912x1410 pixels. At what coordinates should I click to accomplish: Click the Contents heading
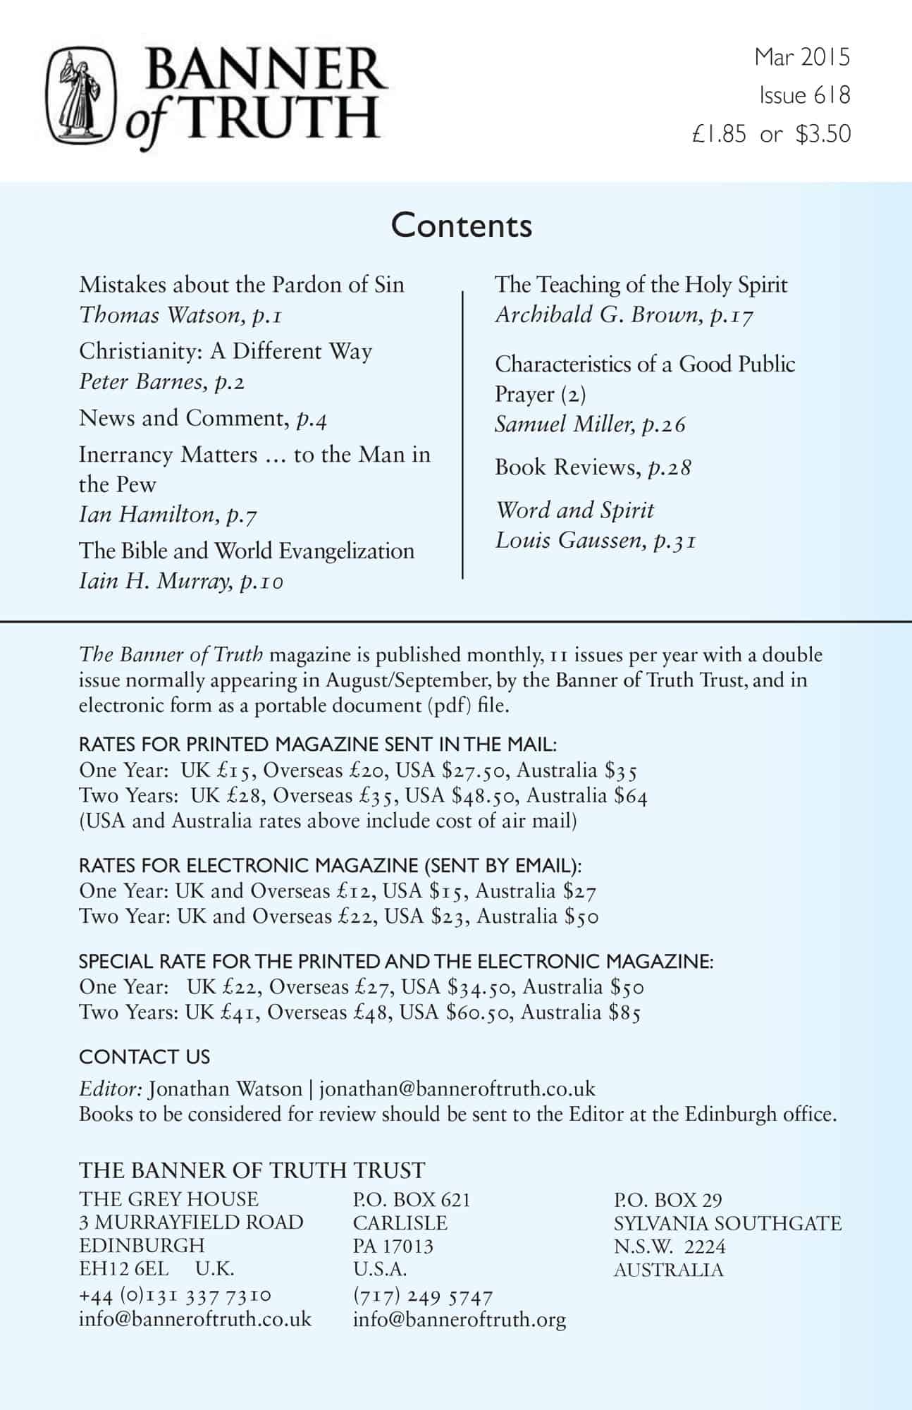point(462,226)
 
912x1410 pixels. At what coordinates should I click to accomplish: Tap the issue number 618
point(832,95)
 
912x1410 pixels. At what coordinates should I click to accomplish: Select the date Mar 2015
point(802,57)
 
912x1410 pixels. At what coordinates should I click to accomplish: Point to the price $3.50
point(823,134)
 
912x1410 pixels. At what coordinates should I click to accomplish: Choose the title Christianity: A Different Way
point(226,351)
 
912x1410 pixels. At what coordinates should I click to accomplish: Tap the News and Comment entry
point(202,418)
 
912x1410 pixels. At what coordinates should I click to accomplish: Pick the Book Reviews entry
point(592,467)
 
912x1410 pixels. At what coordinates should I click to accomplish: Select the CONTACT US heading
point(144,1057)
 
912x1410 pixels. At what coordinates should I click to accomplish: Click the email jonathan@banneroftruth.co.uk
point(457,1089)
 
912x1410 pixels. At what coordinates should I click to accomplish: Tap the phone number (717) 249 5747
point(422,1296)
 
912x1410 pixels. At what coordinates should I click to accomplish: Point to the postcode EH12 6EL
point(124,1269)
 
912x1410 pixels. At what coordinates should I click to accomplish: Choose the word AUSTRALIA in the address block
point(668,1270)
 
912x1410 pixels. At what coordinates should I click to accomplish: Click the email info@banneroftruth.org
point(460,1319)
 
